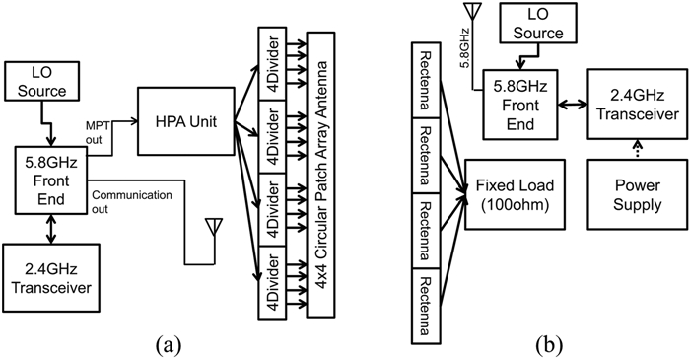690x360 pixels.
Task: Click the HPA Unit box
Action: [185, 121]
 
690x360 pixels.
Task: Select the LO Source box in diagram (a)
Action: [42, 81]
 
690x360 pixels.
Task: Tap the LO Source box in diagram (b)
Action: [538, 23]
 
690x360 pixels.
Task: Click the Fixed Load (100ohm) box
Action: [515, 194]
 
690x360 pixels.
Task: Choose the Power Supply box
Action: [638, 194]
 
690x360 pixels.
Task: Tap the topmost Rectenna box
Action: [426, 80]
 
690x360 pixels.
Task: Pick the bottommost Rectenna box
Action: [426, 306]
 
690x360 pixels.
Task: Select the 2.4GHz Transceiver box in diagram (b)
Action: [638, 105]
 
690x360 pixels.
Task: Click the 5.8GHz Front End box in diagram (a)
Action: [51, 180]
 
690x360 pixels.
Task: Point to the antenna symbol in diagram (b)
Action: [473, 12]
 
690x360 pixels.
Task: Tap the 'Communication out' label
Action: [132, 202]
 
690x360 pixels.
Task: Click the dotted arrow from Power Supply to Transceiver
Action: [637, 150]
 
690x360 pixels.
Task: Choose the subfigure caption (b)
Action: [549, 346]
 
